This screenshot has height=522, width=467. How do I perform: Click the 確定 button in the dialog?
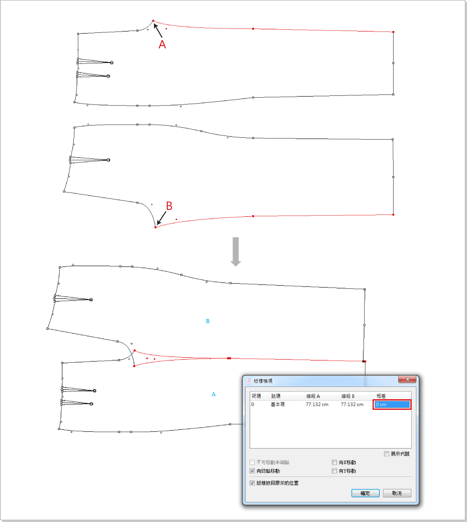365,493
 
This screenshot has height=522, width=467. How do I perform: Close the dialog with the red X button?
407,379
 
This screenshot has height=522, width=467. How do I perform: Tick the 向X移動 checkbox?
334,462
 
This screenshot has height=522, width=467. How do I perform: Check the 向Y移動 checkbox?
334,471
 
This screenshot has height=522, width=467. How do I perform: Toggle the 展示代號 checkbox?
386,454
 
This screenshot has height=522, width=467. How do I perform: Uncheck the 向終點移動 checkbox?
252,471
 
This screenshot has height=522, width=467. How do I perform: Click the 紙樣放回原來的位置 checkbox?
252,483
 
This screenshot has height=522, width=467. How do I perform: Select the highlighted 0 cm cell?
392,404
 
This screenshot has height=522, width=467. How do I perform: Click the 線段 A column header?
313,396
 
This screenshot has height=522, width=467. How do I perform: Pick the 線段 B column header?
348,396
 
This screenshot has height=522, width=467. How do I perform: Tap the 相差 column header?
381,396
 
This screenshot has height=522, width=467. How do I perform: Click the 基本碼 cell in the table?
278,404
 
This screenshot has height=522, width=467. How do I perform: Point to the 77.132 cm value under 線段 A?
317,404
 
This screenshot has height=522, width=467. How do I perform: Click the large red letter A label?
162,44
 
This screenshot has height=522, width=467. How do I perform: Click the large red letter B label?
169,206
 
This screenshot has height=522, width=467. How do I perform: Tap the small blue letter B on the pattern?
208,321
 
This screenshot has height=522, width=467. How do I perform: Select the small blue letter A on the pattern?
213,394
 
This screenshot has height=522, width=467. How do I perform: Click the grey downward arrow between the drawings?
236,252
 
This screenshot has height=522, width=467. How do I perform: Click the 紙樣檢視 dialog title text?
263,381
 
